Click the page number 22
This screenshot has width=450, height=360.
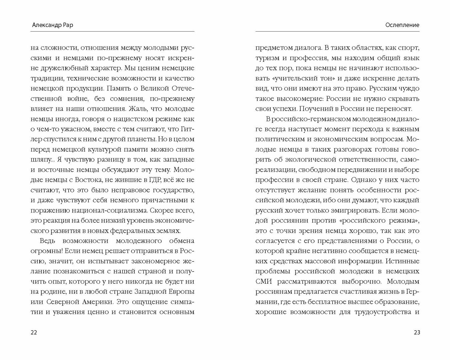click(34, 332)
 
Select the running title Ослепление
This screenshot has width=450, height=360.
click(402, 25)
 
